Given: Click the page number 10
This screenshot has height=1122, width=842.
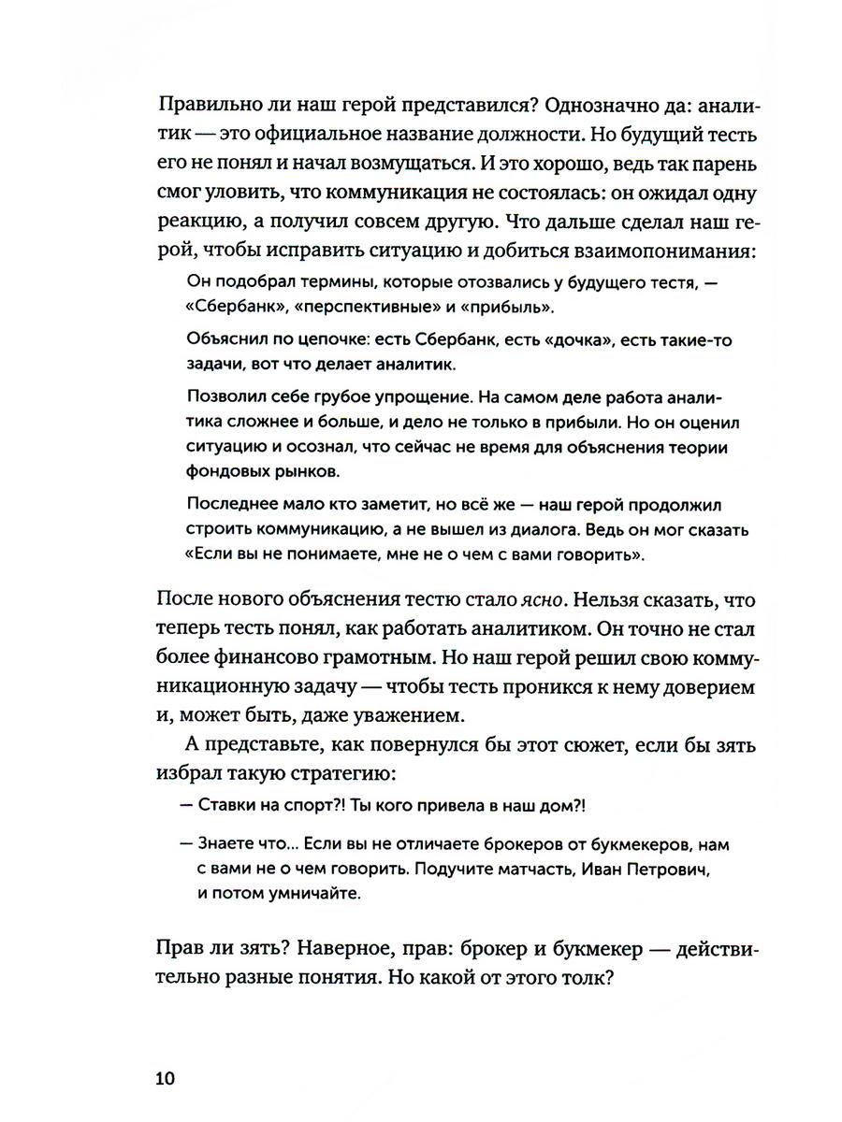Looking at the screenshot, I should coord(166,1078).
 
